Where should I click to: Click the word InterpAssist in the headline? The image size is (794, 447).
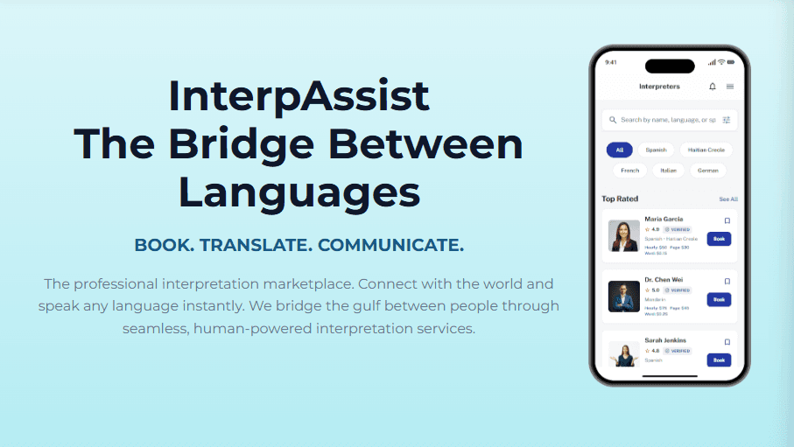coord(299,95)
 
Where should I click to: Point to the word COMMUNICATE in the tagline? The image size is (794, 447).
coord(390,246)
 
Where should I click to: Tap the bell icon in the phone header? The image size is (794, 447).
coord(712,87)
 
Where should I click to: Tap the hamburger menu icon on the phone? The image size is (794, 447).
coord(730,87)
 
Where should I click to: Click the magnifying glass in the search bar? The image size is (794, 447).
coord(612,120)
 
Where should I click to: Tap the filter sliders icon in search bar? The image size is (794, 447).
coord(726,120)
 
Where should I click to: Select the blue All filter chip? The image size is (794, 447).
coord(619,150)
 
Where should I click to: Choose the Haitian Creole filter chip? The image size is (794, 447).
coord(706,150)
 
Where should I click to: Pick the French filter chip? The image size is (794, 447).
coord(629,171)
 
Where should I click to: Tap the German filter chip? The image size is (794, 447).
coord(708,171)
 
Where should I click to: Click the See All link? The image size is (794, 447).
coord(728,199)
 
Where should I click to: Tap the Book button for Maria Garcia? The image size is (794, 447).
coord(719,238)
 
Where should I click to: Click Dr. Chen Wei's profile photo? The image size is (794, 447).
coord(623,297)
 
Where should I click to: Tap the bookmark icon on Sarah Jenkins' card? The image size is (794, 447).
coord(727,342)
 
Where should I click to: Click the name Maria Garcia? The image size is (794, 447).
coord(664,219)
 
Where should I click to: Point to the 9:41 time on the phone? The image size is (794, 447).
coord(611,62)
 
